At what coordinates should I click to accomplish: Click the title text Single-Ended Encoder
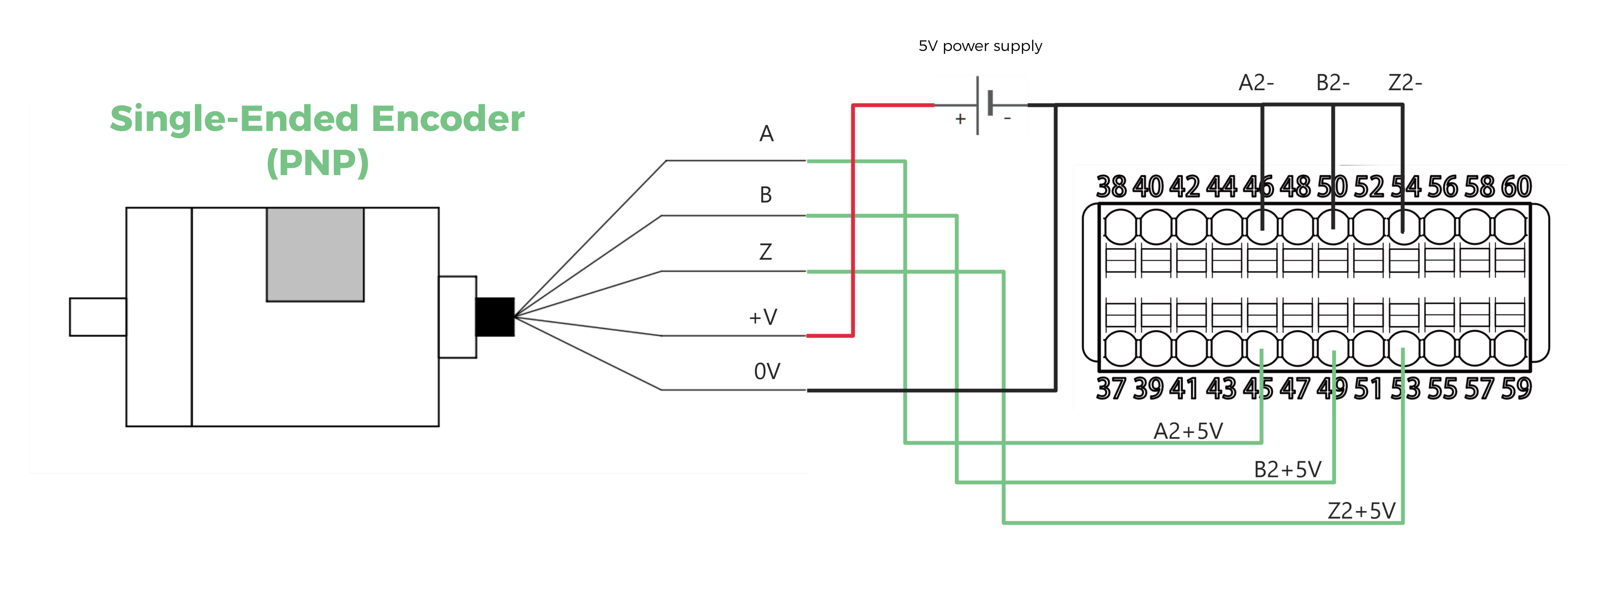click(317, 119)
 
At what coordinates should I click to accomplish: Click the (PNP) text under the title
click(317, 162)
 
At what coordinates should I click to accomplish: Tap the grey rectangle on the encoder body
click(315, 254)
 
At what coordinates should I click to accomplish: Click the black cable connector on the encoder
click(494, 317)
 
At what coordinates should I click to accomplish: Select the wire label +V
click(763, 317)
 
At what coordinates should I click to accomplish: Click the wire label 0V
click(767, 371)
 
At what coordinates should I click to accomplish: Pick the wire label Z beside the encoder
click(766, 252)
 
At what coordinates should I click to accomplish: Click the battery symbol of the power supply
click(983, 104)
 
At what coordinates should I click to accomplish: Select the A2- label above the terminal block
click(1256, 83)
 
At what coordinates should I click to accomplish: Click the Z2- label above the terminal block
click(1405, 83)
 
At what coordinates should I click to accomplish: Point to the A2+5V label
click(1188, 431)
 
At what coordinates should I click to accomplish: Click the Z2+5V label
click(1361, 511)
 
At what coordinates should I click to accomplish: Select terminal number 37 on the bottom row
click(1111, 389)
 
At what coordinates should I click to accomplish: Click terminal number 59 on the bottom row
click(1516, 389)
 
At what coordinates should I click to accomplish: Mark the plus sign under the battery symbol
click(960, 119)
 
